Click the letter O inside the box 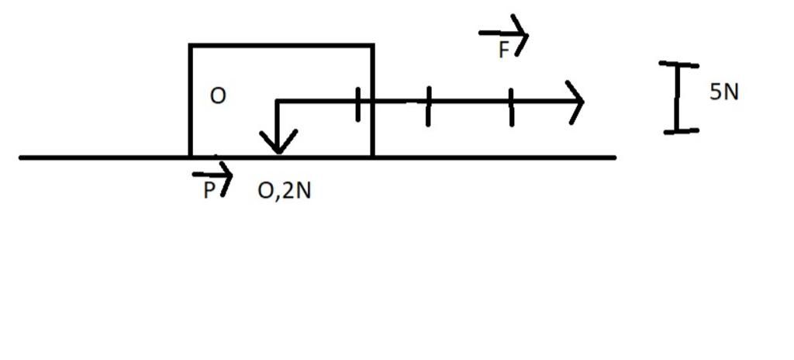click(x=218, y=96)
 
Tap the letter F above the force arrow click(x=504, y=50)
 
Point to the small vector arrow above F click(x=503, y=34)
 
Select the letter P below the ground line click(x=209, y=191)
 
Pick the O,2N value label click(x=284, y=192)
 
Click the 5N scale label click(x=724, y=92)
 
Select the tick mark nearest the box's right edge click(x=358, y=105)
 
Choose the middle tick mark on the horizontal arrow click(x=428, y=106)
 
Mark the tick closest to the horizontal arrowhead click(x=512, y=108)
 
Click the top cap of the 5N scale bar click(x=678, y=64)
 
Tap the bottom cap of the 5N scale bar click(x=681, y=131)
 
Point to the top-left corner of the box click(x=191, y=46)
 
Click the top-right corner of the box click(x=373, y=46)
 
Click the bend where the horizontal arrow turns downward click(x=278, y=102)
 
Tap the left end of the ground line click(x=21, y=157)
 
